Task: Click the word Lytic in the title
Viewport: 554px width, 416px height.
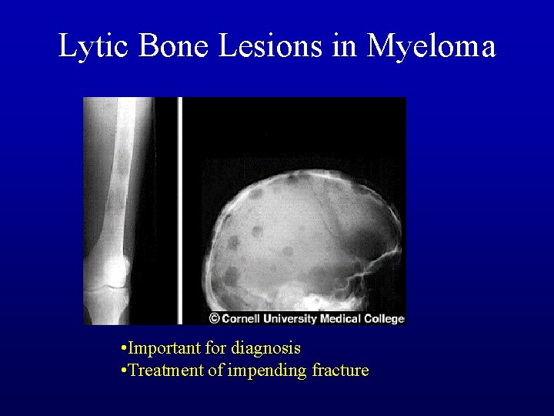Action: [x=95, y=46]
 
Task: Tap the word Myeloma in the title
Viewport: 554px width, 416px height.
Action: [x=432, y=46]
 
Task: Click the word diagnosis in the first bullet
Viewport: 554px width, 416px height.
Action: [x=265, y=349]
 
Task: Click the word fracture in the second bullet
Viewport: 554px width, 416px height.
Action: [x=340, y=371]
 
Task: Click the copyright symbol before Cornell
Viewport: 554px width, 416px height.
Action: [x=214, y=318]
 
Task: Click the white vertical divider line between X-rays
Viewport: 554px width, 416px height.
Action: [x=180, y=208]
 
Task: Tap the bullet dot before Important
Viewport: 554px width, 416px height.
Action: [x=124, y=350]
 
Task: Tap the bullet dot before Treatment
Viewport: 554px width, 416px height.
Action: [x=124, y=371]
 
